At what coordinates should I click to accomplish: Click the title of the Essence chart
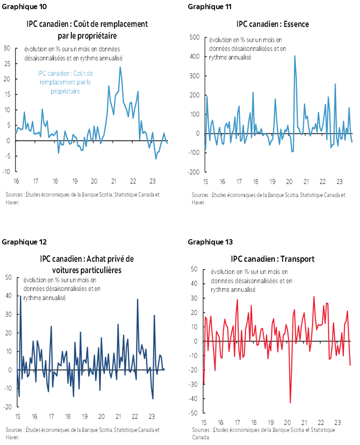(x=273, y=24)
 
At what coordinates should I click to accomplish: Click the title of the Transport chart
(x=273, y=259)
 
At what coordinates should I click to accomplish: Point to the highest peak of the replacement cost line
(x=120, y=67)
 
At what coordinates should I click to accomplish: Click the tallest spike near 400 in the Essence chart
(x=295, y=56)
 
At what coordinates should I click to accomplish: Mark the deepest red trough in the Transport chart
(x=290, y=403)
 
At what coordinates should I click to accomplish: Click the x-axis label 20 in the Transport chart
(x=287, y=422)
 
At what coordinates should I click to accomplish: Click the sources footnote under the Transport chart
(x=263, y=434)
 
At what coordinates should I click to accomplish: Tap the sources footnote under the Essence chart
(x=268, y=198)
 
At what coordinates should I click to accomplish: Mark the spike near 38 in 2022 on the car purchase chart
(x=137, y=299)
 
